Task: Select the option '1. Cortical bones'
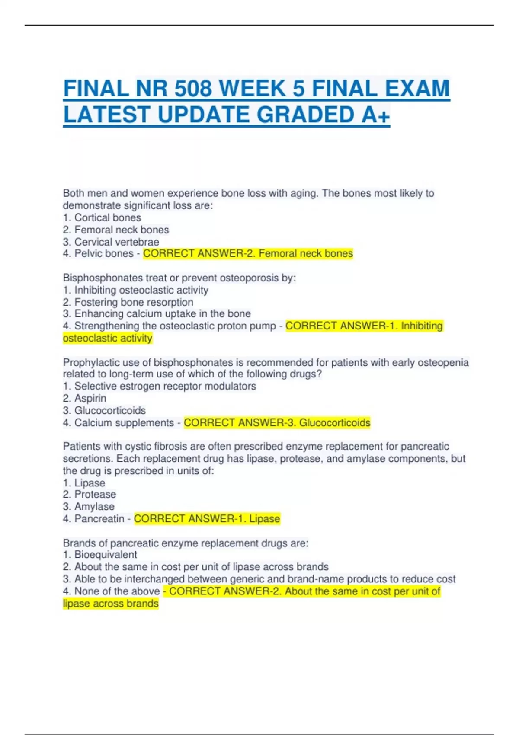(x=102, y=217)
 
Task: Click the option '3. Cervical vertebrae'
(x=111, y=242)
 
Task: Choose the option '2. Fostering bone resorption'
(x=128, y=302)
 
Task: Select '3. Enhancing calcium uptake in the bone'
(x=157, y=313)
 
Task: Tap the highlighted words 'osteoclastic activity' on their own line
(x=108, y=338)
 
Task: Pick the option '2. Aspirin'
(x=85, y=398)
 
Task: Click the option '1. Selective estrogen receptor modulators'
(x=160, y=386)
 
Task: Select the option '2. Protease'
(x=90, y=494)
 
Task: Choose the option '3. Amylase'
(x=89, y=506)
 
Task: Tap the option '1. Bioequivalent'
(x=100, y=554)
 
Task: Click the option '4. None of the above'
(x=111, y=591)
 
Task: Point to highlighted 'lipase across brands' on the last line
(x=111, y=603)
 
